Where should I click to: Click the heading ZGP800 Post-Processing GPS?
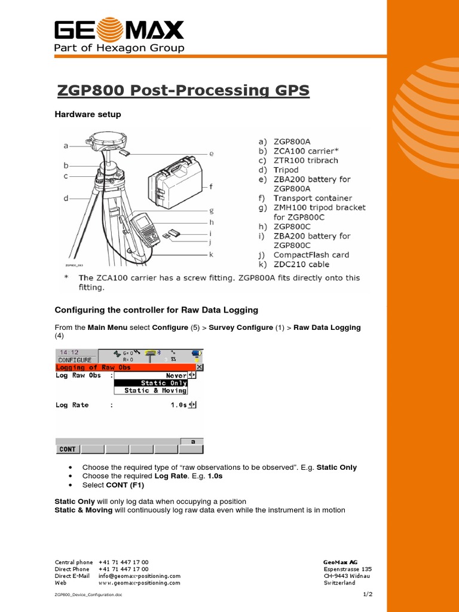(x=183, y=90)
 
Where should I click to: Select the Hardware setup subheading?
(x=88, y=114)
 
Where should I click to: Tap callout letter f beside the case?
(x=210, y=186)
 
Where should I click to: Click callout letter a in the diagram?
(x=66, y=145)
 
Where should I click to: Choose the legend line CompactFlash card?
(x=311, y=255)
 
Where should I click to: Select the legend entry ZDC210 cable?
(x=301, y=264)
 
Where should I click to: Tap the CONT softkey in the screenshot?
(x=68, y=449)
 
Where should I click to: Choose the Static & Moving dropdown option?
(x=155, y=390)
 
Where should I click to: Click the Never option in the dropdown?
(x=176, y=375)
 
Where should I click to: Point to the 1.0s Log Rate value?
(x=178, y=405)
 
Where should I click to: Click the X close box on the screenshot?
(x=200, y=368)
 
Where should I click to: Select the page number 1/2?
(x=367, y=594)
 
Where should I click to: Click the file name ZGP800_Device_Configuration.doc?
(x=88, y=595)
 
